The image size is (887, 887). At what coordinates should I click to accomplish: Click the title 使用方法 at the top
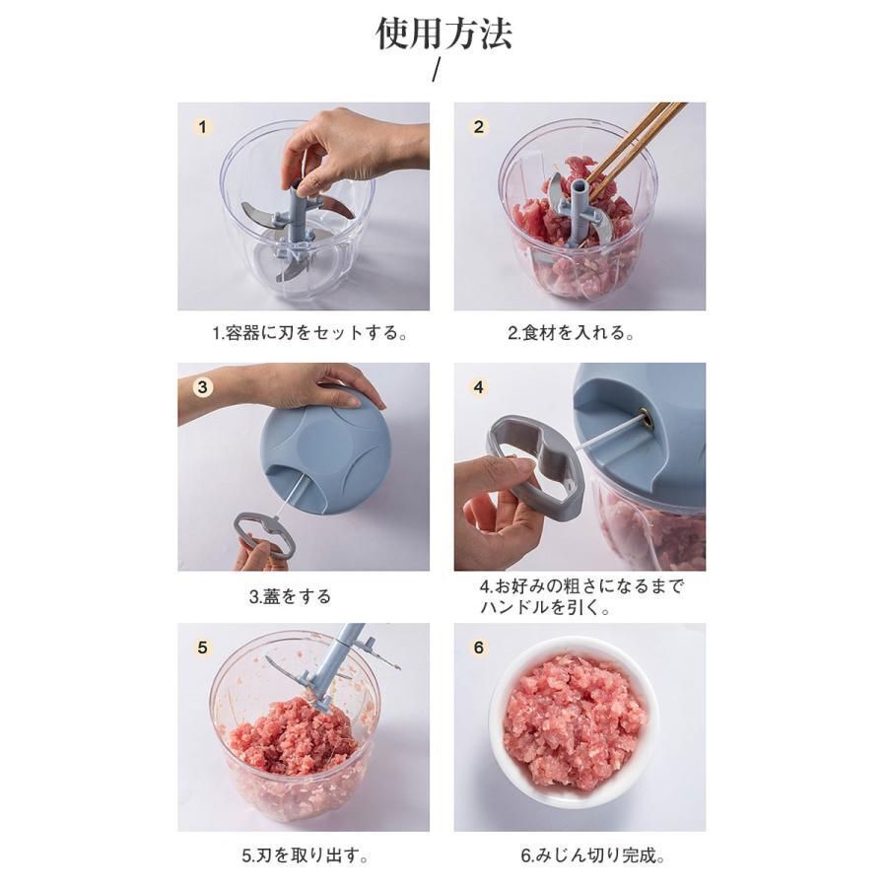tap(443, 34)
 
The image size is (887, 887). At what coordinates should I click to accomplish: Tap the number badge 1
tap(202, 127)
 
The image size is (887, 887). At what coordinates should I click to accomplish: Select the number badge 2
tap(479, 127)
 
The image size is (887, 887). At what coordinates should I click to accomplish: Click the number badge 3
tap(202, 387)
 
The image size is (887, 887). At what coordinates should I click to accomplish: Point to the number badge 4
tap(479, 387)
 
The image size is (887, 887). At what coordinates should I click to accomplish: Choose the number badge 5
tap(202, 648)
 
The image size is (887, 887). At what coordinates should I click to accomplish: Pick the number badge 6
tap(479, 648)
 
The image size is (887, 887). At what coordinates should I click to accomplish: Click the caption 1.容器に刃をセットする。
tap(310, 333)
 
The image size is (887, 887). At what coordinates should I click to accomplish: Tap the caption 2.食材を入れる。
tap(571, 333)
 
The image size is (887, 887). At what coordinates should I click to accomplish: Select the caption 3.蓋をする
tap(290, 596)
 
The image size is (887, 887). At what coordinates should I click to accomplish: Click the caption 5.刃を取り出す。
tap(306, 855)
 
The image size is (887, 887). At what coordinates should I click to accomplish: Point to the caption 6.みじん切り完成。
tap(593, 855)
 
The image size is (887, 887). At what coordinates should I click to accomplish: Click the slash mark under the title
tap(436, 70)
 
